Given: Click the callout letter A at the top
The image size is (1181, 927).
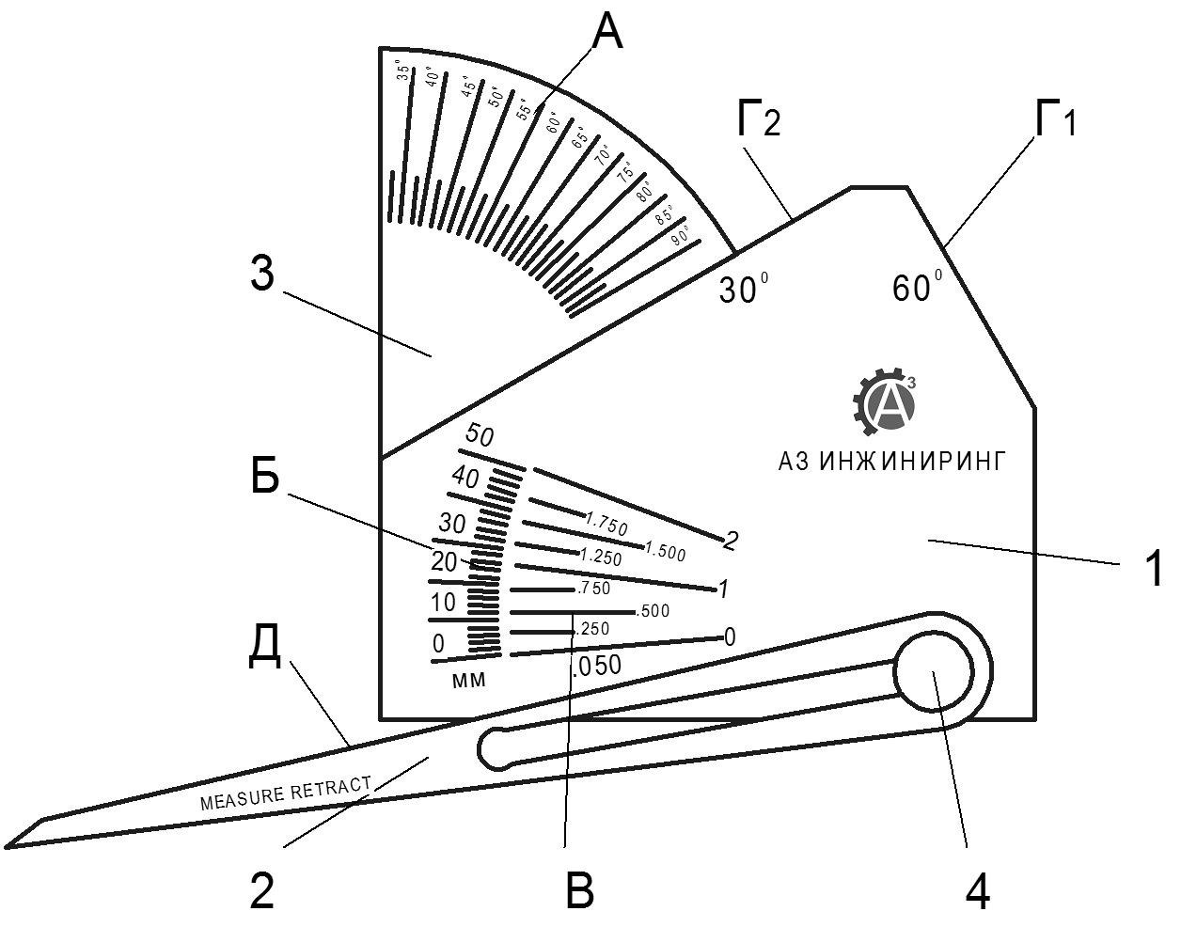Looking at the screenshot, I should tap(607, 34).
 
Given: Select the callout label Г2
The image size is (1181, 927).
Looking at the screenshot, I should tap(758, 121).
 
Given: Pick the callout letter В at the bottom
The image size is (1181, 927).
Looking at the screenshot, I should tap(580, 889).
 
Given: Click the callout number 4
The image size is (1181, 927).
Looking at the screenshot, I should tap(978, 890).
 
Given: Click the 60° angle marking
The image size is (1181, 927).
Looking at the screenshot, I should tap(915, 288).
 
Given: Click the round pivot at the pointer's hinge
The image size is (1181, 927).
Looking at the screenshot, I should tap(933, 672).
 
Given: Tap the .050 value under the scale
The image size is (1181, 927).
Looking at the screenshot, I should tap(596, 666).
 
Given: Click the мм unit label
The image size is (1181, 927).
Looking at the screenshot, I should tap(469, 681).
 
